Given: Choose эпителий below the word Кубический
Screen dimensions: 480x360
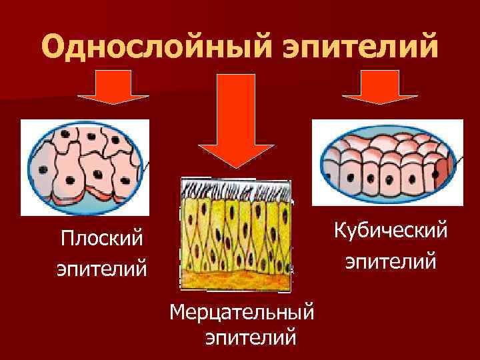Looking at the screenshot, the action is pyautogui.click(x=391, y=261).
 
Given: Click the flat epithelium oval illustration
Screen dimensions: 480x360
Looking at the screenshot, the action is pyautogui.click(x=85, y=166).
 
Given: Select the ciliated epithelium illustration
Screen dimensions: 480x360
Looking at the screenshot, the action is pyautogui.click(x=236, y=235).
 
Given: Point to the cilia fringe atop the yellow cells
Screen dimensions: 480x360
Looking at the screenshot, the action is pyautogui.click(x=236, y=188).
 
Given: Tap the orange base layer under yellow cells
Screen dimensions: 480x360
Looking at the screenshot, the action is pyautogui.click(x=236, y=280).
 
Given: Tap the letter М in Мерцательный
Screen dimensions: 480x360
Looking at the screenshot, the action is pyautogui.click(x=178, y=311).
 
